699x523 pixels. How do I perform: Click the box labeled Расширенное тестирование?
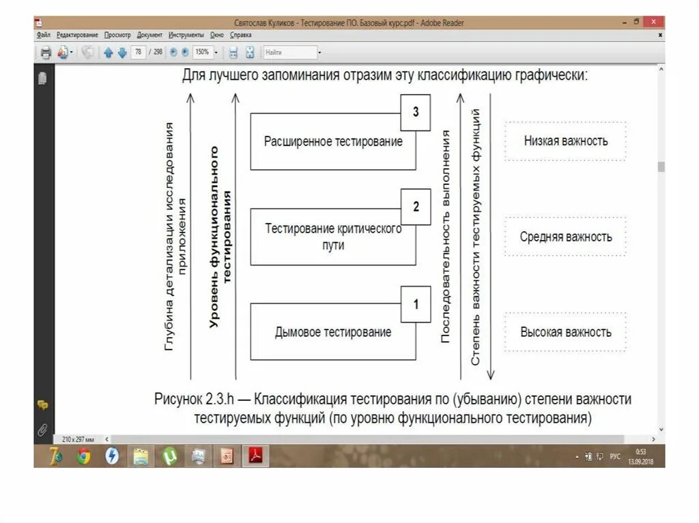tap(333, 142)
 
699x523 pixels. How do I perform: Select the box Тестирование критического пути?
tap(333, 237)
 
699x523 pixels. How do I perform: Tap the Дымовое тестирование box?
tap(333, 332)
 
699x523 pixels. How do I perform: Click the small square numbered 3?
tap(416, 113)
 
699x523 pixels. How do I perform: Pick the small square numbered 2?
tap(416, 207)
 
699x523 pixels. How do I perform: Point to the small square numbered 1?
tap(416, 303)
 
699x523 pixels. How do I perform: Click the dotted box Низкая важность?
tap(565, 141)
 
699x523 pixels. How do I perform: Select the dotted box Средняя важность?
tap(565, 237)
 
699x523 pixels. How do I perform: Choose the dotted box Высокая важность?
tap(565, 332)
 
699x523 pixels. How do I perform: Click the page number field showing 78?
tap(139, 52)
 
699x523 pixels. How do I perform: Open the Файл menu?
tap(43, 34)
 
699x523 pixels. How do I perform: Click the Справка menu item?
tap(241, 34)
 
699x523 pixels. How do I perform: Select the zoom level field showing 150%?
tap(203, 52)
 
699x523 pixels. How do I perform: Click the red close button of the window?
tap(653, 22)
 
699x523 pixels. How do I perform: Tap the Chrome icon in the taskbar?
tap(83, 455)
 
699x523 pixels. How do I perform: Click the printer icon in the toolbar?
tap(46, 53)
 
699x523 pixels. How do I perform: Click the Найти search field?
tap(289, 52)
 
